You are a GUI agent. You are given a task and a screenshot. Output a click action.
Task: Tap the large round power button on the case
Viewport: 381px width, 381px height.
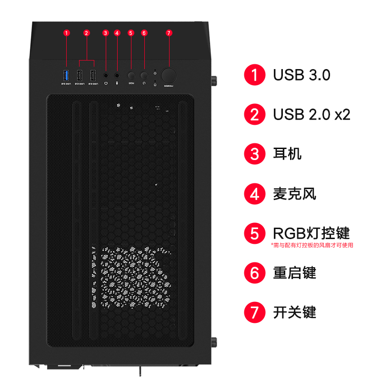point(169,75)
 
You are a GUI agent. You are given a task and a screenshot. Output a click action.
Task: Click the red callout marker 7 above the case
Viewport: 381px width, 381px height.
point(169,33)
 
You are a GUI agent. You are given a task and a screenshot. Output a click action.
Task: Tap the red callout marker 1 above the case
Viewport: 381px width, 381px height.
point(67,33)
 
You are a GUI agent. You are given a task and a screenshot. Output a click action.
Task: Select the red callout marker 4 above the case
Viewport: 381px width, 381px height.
point(117,33)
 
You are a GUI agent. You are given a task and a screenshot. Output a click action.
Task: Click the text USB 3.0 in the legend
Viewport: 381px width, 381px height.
point(301,75)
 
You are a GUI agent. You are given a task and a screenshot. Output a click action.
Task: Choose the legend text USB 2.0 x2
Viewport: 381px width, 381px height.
point(311,115)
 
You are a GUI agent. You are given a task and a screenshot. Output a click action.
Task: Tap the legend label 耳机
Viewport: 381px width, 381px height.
point(287,154)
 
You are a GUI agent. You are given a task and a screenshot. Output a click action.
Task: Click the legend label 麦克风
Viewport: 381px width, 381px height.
point(294,194)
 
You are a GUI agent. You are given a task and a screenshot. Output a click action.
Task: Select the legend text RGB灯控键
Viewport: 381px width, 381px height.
point(311,233)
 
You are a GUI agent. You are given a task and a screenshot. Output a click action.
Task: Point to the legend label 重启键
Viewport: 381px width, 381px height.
point(294,273)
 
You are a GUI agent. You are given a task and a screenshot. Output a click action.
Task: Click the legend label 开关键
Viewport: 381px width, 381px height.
point(294,312)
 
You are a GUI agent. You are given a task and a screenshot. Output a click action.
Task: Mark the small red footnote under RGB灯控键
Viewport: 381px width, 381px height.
point(312,246)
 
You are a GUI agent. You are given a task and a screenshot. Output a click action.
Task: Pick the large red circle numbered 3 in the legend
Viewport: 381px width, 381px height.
point(255,154)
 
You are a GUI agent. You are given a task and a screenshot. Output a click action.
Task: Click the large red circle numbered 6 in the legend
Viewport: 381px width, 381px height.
point(255,273)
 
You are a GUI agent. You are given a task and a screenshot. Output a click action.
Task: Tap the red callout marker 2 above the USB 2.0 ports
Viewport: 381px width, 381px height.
point(87,33)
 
